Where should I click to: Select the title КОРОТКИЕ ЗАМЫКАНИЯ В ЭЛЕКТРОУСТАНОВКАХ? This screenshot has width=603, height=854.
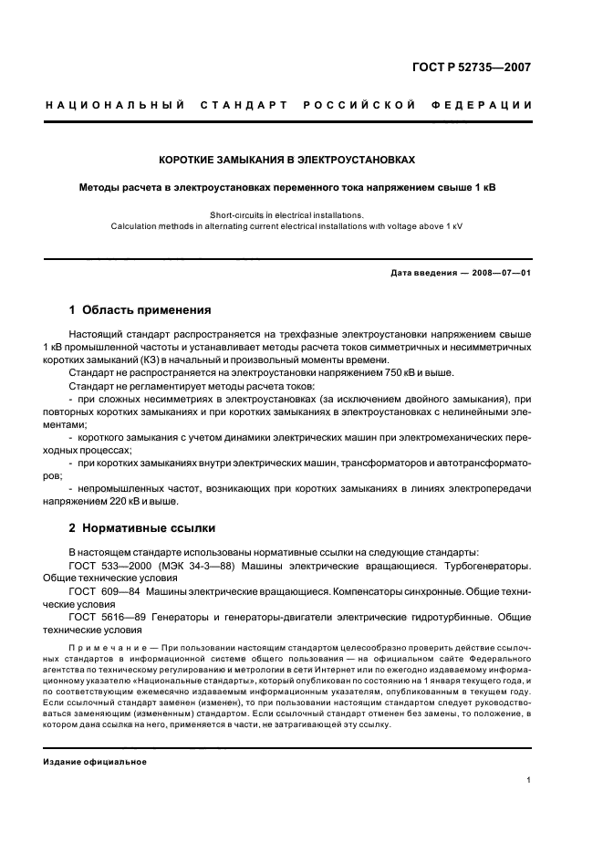(x=287, y=160)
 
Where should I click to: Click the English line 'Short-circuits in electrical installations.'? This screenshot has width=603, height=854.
(x=286, y=215)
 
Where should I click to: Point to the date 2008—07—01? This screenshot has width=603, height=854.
(x=494, y=273)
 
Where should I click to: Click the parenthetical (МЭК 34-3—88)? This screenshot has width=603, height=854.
(x=194, y=566)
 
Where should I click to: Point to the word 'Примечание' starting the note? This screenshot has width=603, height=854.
(x=100, y=647)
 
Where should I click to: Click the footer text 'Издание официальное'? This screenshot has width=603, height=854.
(x=95, y=762)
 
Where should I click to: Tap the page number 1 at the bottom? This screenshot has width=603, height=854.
(x=529, y=780)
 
